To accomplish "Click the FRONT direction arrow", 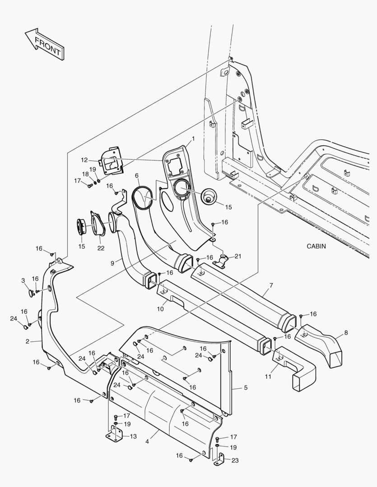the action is coord(45,44).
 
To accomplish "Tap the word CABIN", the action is coord(316,246).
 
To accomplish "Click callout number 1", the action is coord(193,138).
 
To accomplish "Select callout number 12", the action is coord(84,160).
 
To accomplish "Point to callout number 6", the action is coord(136,175).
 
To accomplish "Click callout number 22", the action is coord(101,248).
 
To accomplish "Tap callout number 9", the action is coord(112,263).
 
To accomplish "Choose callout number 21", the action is coord(238,256).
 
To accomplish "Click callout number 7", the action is coord(271,285).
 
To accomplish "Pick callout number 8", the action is coord(346,333).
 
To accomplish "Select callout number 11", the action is coord(268,377).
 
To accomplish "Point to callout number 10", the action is coord(160,309).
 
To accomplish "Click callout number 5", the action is coord(246,388).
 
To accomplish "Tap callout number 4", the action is coord(147,441).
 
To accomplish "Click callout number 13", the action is coord(133,436).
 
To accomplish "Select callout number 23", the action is coord(235,460).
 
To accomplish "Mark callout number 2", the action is coord(28,341).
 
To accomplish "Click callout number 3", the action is coord(23,280).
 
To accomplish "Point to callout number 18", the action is coord(85,174).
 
